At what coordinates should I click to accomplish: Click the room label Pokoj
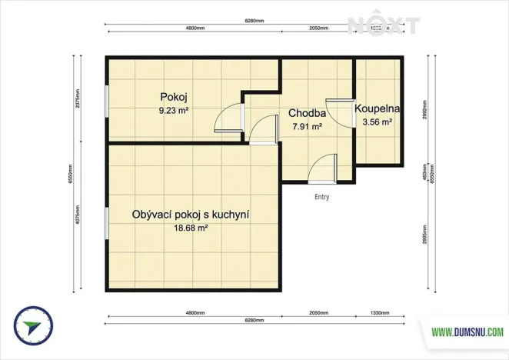174,97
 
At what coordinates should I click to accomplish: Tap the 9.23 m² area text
174,110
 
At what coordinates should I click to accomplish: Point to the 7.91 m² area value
307,127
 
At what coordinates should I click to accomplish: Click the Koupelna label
378,108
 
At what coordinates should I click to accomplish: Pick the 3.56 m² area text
378,122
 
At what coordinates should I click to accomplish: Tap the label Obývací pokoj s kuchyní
191,215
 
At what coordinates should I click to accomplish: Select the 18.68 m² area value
191,228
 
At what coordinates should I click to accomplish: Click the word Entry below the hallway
322,197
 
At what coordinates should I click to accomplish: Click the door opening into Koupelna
338,111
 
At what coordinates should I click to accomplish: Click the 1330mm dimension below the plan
378,314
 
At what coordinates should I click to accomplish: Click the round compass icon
30,326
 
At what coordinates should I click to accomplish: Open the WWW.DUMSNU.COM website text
467,332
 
